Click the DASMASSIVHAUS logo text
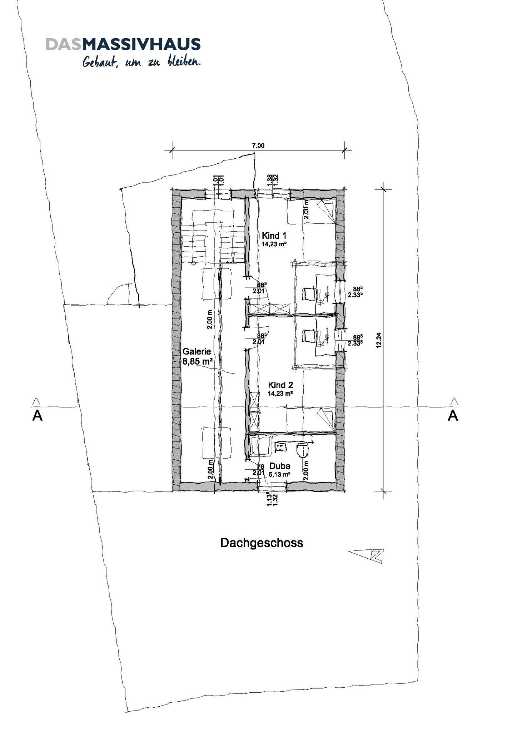pyautogui.click(x=123, y=44)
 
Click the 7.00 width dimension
pyautogui.click(x=258, y=145)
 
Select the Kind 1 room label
pyautogui.click(x=274, y=236)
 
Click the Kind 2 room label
pyautogui.click(x=280, y=385)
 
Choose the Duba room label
pyautogui.click(x=280, y=466)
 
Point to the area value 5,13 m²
pyautogui.click(x=279, y=475)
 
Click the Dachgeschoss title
pyautogui.click(x=262, y=543)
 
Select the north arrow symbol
pyautogui.click(x=366, y=555)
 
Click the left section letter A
pyautogui.click(x=37, y=416)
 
